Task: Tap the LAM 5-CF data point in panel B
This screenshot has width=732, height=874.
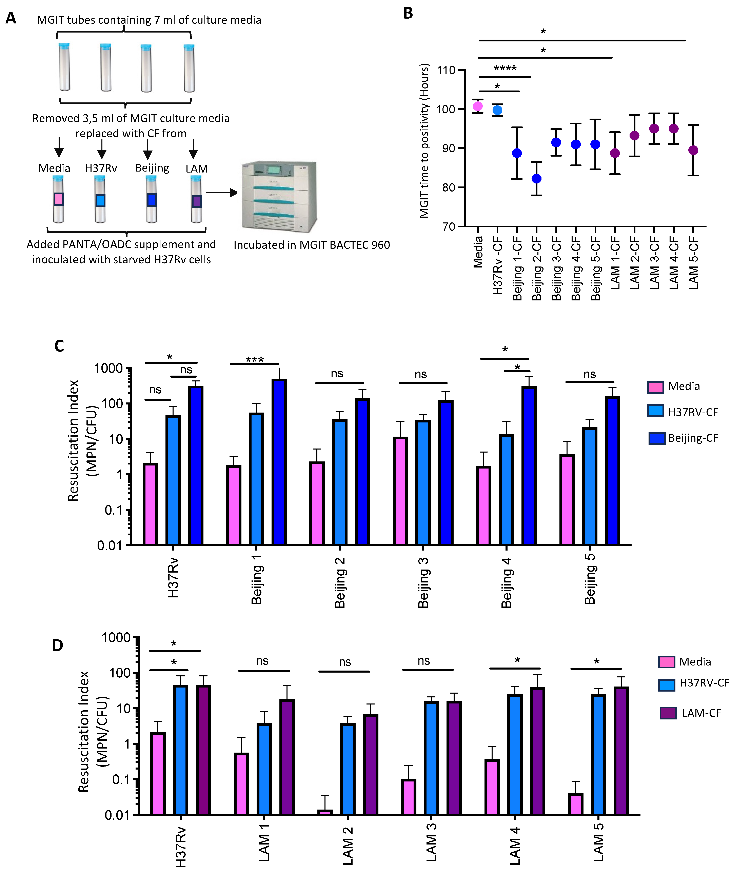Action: click(x=693, y=150)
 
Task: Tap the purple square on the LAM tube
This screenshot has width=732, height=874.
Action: click(x=196, y=201)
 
